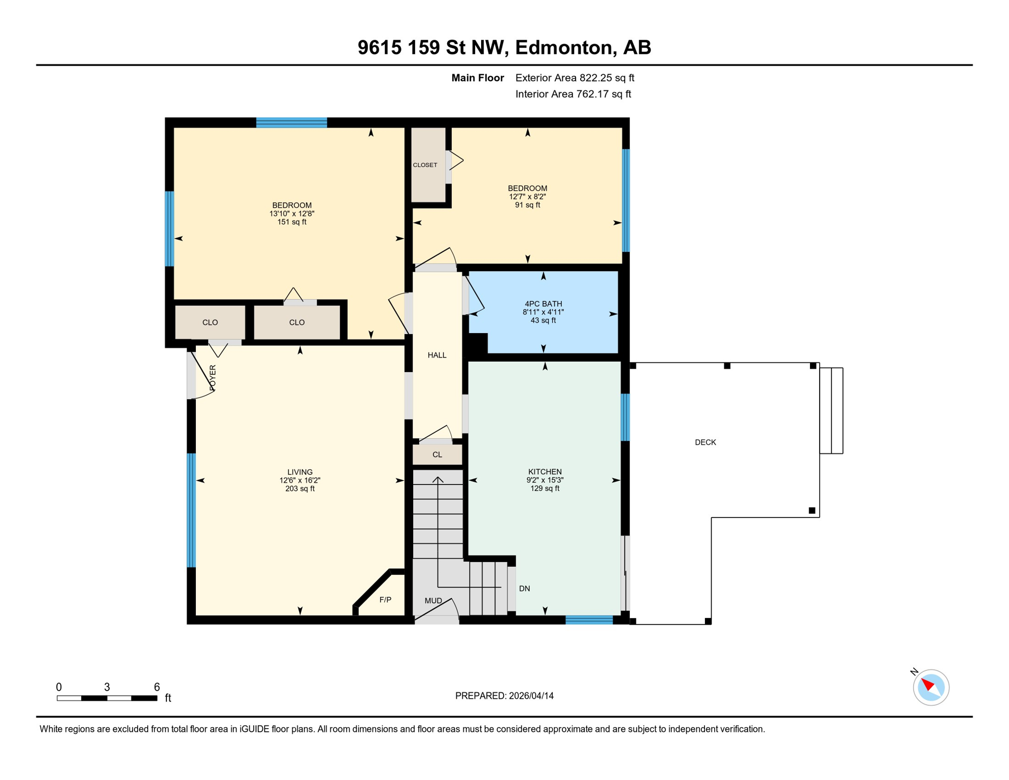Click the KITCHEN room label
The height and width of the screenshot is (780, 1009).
point(545,471)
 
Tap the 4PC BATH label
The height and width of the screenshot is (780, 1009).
point(543,304)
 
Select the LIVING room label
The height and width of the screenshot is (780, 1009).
point(299,472)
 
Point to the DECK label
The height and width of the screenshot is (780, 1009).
point(705,442)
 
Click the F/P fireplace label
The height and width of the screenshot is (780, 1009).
point(385,600)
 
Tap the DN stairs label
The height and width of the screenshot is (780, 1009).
point(524,589)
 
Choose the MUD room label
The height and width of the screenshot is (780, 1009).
point(433,601)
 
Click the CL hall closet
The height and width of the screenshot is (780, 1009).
point(437,454)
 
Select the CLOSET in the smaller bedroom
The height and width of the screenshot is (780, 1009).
point(425,165)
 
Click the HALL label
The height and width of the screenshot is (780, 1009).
point(436,355)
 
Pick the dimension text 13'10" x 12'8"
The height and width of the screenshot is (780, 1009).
point(292,214)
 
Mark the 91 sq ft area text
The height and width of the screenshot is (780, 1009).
point(527,205)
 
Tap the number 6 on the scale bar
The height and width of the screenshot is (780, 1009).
point(157,687)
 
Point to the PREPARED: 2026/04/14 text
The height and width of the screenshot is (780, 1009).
point(504,696)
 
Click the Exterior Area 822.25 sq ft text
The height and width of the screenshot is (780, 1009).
point(575,78)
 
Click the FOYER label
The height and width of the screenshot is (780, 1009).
point(213,377)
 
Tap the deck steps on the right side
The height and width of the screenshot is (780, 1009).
point(831,410)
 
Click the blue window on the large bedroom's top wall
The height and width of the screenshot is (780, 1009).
point(291,122)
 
